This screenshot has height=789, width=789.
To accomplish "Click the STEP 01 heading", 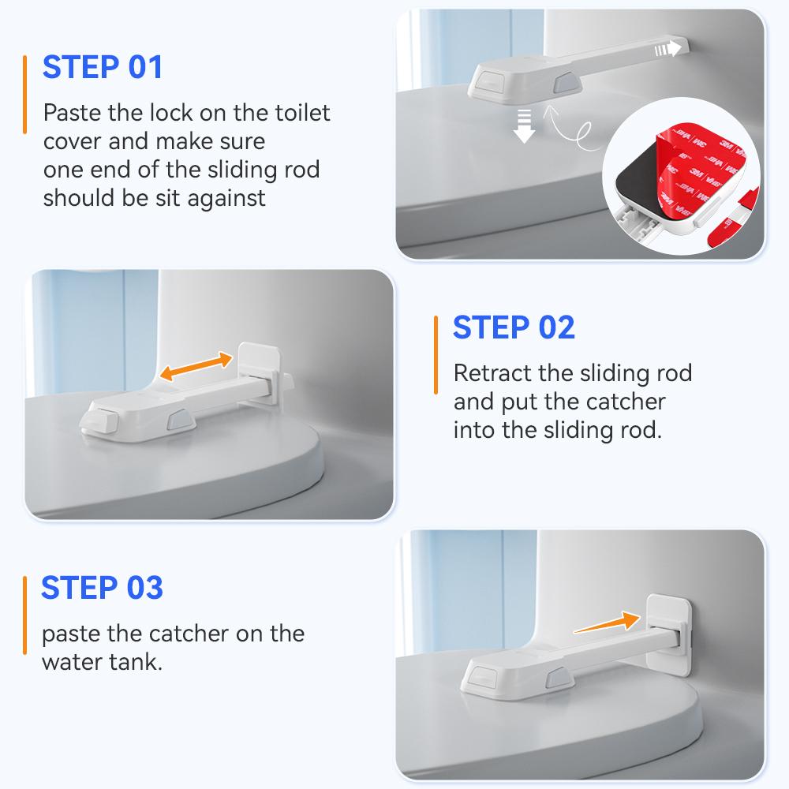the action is [103, 67].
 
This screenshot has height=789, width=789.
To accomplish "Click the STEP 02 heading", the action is [514, 327].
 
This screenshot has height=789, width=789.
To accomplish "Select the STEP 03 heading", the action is [102, 588].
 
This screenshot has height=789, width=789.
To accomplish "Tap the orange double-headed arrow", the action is [196, 366].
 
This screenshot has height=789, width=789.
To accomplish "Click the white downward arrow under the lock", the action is [524, 125].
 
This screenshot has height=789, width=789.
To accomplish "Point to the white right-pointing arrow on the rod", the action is [667, 49].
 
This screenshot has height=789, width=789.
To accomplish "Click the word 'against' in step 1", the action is [226, 198].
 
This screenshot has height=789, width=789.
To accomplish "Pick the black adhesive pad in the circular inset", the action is [640, 185].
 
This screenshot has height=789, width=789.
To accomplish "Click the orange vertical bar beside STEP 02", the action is [436, 355].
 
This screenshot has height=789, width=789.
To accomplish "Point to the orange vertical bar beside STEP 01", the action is [24, 95].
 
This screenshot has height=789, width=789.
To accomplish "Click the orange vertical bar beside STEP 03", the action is [24, 615].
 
